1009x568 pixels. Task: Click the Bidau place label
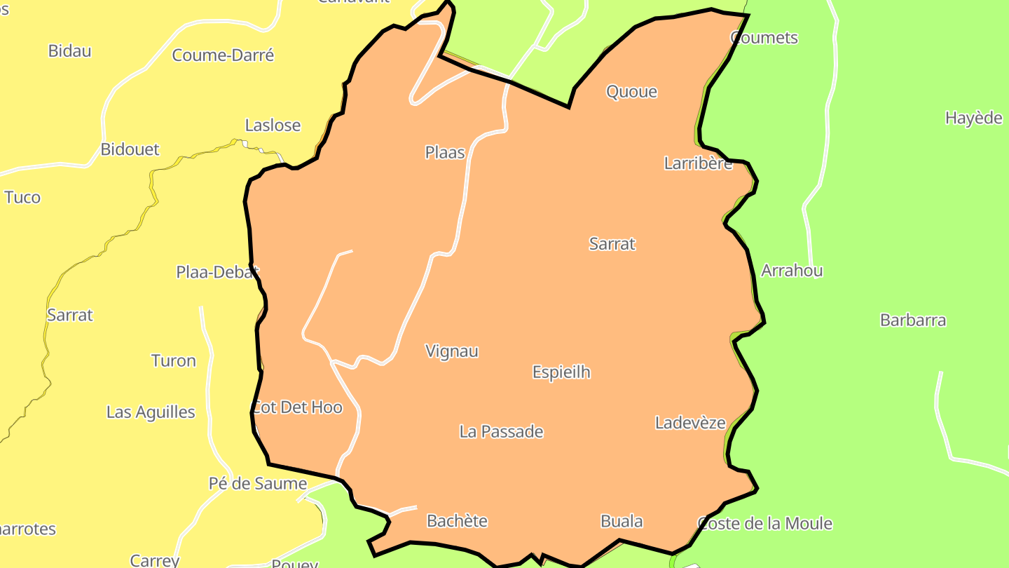point(69,51)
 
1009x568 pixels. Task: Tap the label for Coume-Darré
point(223,55)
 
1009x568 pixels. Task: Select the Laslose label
point(273,126)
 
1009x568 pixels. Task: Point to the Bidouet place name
point(130,149)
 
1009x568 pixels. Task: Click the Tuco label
point(22,197)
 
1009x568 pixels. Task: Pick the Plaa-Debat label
point(217,272)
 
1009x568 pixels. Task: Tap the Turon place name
point(173,361)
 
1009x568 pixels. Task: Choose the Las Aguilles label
point(151,412)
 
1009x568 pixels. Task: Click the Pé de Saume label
point(258,484)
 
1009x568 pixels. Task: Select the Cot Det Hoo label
point(297,407)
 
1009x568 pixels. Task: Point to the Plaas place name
point(445,152)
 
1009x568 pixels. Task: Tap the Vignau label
point(452,351)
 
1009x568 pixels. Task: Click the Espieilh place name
point(561,372)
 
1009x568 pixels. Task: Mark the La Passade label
point(501,432)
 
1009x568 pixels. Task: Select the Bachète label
point(457,521)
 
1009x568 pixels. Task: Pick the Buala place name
point(622,521)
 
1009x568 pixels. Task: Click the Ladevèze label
point(690,423)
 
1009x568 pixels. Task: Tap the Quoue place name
point(631,92)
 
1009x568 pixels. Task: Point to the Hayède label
point(973,118)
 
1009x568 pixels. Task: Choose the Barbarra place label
point(912,320)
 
